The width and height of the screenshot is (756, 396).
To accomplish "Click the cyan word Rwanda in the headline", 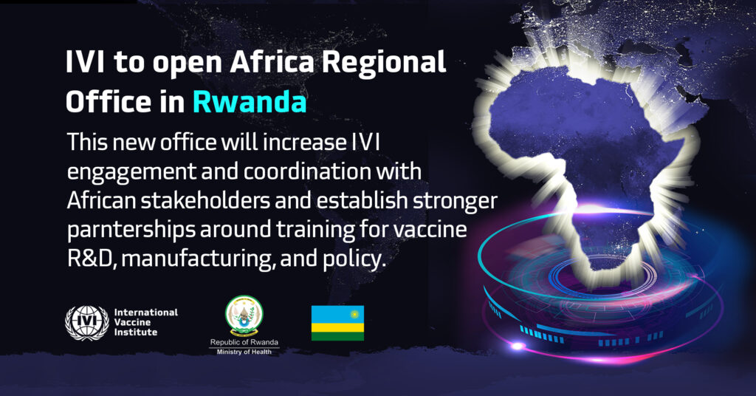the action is [250, 102].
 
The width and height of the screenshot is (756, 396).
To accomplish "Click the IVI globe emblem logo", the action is [87, 323].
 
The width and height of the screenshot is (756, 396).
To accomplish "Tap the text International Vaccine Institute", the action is [145, 322].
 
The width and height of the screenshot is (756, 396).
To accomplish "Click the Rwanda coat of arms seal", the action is [244, 316].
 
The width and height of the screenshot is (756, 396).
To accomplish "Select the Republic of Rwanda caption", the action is [244, 343].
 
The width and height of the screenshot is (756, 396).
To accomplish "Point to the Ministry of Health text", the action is [244, 352].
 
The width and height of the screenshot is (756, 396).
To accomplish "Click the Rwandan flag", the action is [337, 323].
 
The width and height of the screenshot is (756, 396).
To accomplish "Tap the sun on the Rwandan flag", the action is [355, 314].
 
